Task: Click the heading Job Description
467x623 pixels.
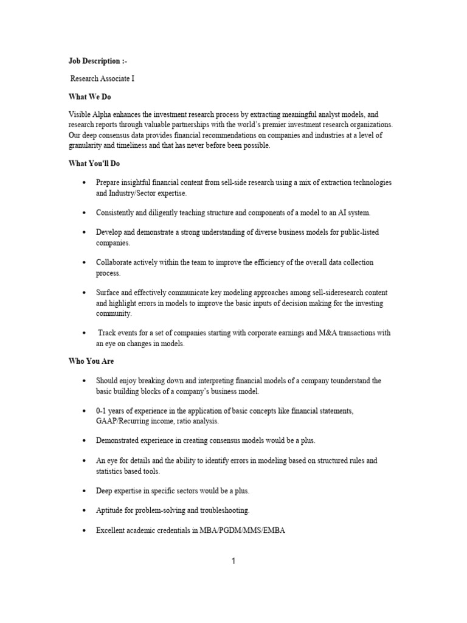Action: tap(97, 61)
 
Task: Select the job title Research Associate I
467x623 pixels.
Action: tap(102, 79)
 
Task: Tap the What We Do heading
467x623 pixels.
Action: tap(89, 97)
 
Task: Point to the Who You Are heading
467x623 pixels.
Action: tap(91, 361)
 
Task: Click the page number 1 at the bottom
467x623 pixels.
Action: tap(233, 561)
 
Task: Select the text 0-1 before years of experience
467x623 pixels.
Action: tap(102, 411)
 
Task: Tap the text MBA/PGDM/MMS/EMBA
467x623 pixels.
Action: tap(242, 531)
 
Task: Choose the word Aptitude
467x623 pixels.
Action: tap(111, 510)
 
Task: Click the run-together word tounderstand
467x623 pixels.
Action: tap(344, 381)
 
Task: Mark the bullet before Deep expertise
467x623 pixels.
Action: tap(83, 491)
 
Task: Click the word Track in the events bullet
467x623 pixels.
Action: tap(109, 333)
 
